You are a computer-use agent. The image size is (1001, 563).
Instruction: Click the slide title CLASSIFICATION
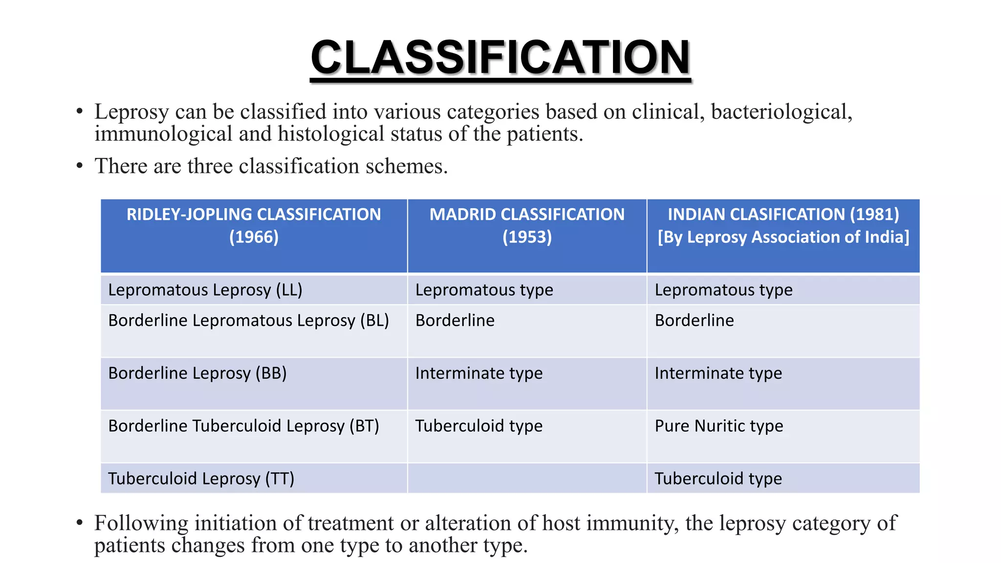[500, 58]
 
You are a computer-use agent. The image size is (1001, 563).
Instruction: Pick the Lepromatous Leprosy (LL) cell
[205, 290]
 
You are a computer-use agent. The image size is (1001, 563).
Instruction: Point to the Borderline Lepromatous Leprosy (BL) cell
[248, 321]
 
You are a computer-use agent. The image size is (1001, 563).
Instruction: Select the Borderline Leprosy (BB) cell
[197, 373]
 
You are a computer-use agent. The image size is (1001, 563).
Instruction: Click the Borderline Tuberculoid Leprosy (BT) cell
[243, 426]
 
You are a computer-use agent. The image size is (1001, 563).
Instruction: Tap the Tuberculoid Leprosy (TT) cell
[201, 478]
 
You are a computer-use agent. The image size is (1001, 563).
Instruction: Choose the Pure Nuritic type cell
[718, 426]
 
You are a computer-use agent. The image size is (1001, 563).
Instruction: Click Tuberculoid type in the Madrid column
[479, 426]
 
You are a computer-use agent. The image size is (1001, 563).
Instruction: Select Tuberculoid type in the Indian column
[718, 478]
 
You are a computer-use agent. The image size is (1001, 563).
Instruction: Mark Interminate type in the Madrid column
[479, 373]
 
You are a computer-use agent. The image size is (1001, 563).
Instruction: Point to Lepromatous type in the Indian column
[723, 290]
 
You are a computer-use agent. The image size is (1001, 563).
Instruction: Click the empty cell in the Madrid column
[527, 478]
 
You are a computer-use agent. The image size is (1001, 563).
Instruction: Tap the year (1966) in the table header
[254, 237]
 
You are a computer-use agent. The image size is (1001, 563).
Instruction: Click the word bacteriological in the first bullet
[781, 112]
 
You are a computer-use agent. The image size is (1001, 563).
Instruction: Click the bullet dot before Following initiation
[80, 523]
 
